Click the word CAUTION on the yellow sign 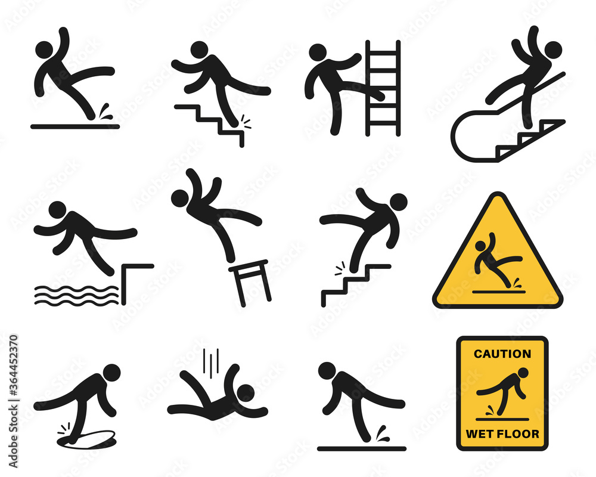(x=502, y=354)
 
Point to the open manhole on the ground (x=86, y=439)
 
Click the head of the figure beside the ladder (x=318, y=52)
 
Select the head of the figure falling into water (x=57, y=210)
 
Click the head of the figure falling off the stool (x=181, y=199)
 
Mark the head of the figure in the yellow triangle (x=482, y=245)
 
